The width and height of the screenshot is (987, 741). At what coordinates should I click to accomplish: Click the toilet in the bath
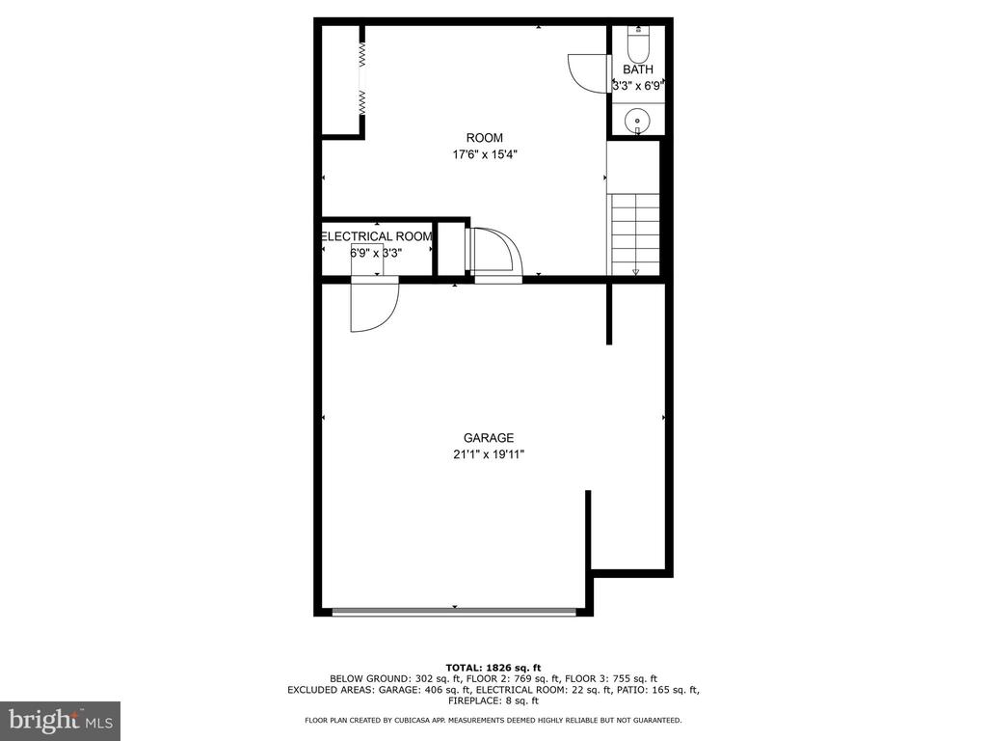point(638,41)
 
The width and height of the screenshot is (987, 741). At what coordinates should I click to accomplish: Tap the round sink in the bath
point(637,120)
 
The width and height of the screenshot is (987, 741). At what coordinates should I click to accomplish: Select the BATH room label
point(638,69)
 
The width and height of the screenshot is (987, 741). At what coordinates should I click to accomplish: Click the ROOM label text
point(484,138)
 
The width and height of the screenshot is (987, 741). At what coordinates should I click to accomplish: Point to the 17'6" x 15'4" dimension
point(485,154)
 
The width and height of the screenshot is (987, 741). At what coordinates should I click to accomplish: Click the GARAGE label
point(489,438)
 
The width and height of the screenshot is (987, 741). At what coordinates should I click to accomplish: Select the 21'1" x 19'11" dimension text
point(489,454)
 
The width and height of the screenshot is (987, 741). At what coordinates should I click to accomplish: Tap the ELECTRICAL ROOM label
point(377,237)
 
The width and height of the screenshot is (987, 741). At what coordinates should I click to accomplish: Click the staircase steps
point(634,233)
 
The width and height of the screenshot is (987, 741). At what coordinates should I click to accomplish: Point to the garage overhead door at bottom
point(454,611)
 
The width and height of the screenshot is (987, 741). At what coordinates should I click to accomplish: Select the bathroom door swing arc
point(587,73)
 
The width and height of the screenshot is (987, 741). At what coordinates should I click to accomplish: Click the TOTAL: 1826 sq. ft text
point(493,668)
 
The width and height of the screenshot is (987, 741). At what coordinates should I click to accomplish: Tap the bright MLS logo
point(61,720)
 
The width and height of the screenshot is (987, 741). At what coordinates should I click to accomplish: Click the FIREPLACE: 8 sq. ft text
point(493,700)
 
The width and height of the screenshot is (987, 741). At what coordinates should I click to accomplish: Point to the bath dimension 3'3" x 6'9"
point(637,86)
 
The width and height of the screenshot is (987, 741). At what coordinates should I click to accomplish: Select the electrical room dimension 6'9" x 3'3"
point(376,254)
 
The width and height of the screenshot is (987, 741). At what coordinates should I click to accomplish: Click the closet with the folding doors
point(340,80)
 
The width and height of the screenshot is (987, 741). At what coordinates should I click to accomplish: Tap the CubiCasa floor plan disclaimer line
point(493,720)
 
